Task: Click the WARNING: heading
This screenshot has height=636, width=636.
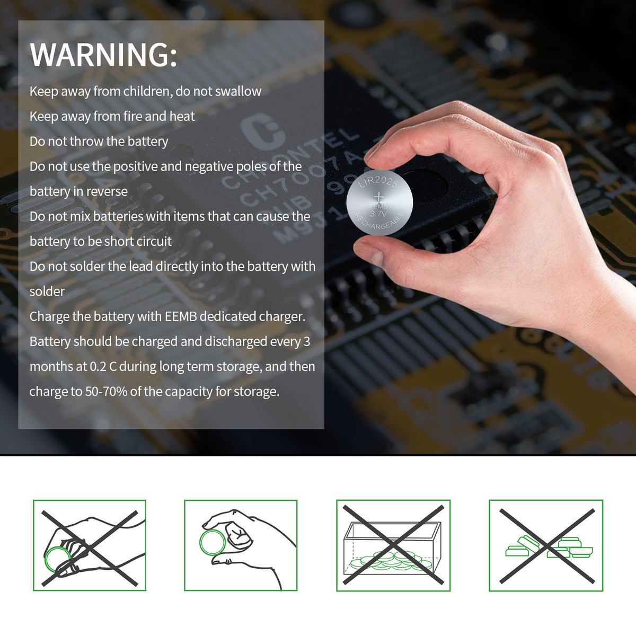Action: [103, 55]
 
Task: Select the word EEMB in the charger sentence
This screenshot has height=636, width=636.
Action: [181, 316]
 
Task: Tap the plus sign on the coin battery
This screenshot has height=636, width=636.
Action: [379, 197]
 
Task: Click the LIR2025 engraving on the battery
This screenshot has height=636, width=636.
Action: [378, 182]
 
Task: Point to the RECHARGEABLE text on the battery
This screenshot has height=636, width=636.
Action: [379, 221]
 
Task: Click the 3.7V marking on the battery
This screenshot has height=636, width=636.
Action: [378, 214]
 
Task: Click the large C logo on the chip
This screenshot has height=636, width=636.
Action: [262, 131]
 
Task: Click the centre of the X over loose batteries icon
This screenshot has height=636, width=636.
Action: [547, 546]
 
